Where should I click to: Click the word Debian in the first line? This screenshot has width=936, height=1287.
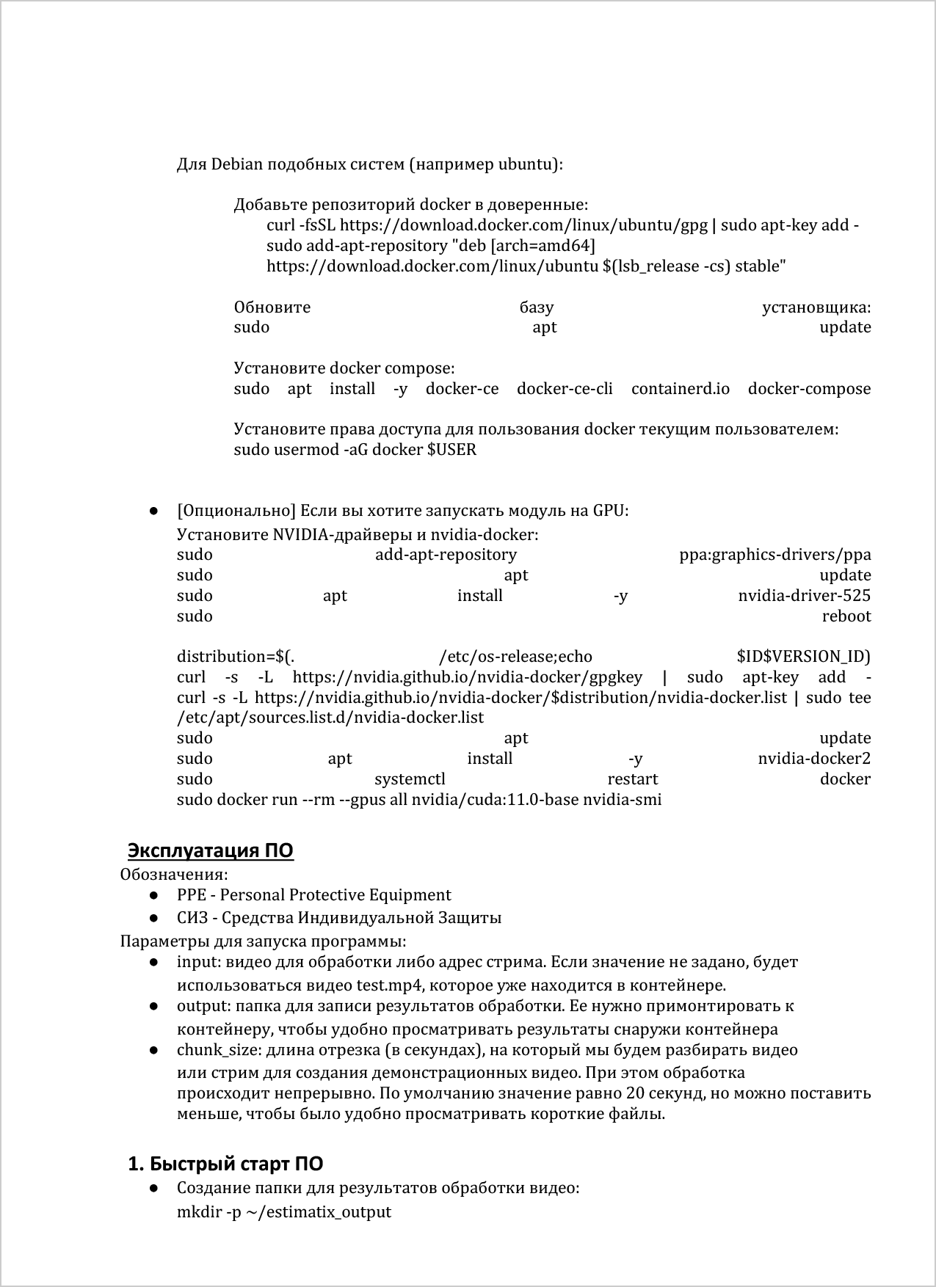coord(236,164)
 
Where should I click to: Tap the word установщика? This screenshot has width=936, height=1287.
coord(816,307)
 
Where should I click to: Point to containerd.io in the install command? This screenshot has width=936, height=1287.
coord(681,389)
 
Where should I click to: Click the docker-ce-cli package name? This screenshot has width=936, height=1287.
coord(565,389)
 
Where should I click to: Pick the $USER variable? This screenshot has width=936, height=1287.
coord(451,450)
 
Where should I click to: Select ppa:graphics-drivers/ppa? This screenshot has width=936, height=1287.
coord(774,555)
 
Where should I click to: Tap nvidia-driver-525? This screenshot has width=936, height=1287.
coord(804,596)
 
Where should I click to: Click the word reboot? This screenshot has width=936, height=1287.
coord(846,616)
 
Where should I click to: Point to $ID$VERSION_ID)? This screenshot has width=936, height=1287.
coord(803,657)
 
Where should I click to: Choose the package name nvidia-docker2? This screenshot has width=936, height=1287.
coord(813,759)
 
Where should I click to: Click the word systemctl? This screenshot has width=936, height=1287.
coord(410,779)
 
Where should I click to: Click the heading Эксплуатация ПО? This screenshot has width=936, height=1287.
coord(211,850)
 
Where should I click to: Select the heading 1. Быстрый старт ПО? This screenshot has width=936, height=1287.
coord(225,1164)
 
